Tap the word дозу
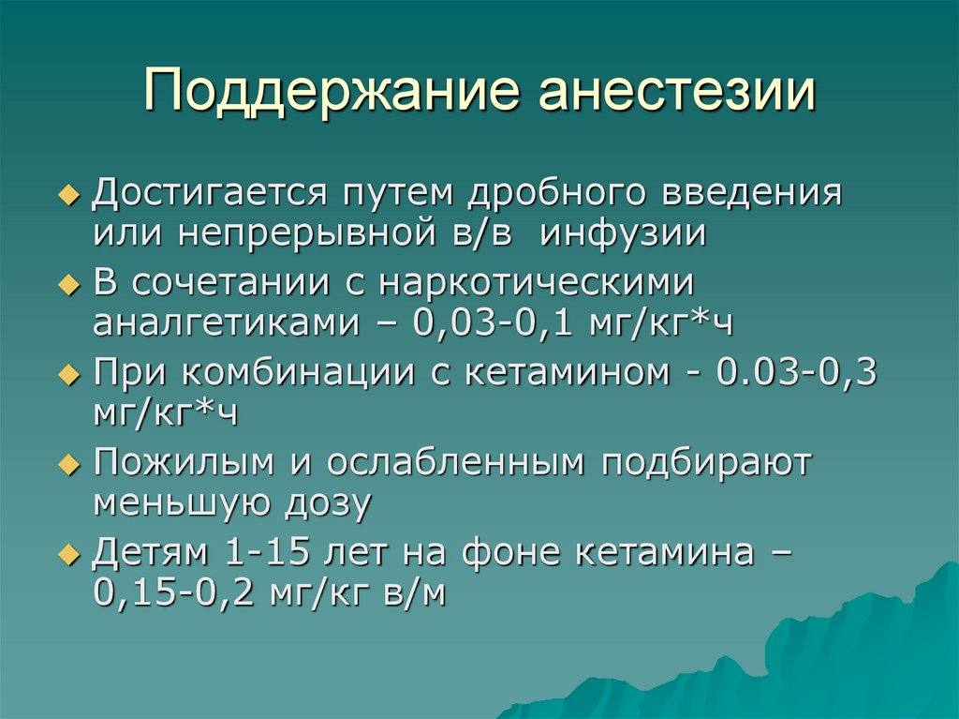327,504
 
